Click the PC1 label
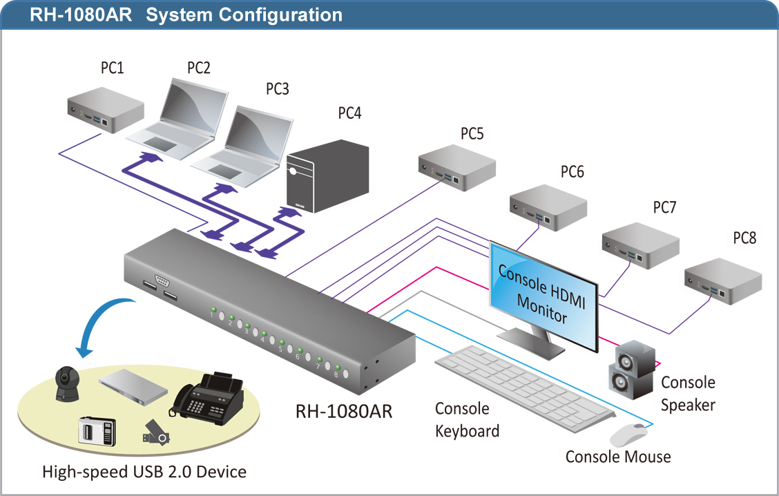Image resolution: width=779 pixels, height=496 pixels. tap(113, 68)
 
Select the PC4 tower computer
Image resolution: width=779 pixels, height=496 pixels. tap(328, 176)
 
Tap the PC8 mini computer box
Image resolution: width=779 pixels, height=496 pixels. tap(723, 280)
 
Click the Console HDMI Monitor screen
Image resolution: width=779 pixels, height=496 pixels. tap(544, 297)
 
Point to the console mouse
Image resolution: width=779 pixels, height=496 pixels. tap(628, 435)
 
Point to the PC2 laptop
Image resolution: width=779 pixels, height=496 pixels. tap(177, 120)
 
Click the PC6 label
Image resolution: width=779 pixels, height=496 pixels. tap(572, 172)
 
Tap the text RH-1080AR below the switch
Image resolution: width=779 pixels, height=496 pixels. tap(344, 412)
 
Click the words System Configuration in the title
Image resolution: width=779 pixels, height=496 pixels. tap(244, 15)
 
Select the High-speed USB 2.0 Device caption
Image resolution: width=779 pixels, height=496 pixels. tap(144, 472)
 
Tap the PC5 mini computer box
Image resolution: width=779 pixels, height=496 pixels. tap(457, 167)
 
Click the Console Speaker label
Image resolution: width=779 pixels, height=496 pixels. tap(688, 394)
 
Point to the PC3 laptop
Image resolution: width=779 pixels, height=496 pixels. tap(243, 146)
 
